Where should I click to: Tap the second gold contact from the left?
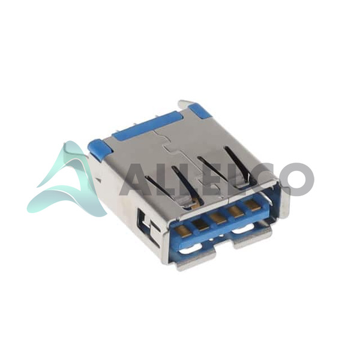pos(200,224)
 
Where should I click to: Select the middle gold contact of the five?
pos(218,218)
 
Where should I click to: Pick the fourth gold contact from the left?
pos(236,211)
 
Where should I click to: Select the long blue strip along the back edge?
pos(147,125)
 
